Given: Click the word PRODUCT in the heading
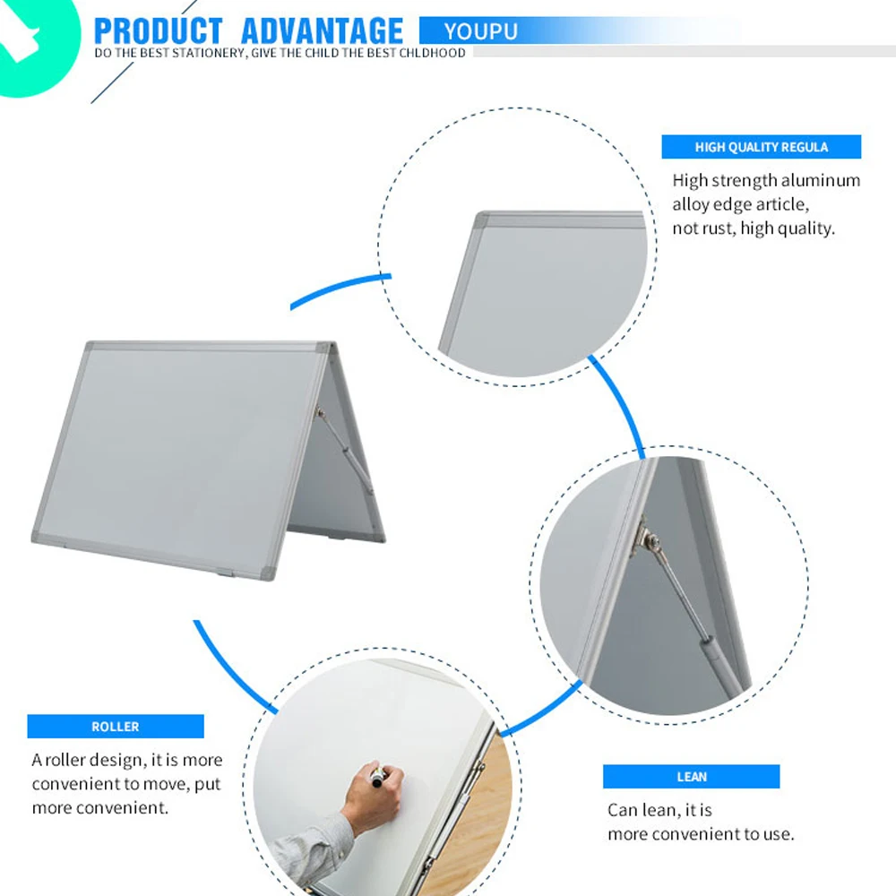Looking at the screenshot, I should [158, 30].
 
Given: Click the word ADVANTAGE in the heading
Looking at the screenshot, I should [323, 30].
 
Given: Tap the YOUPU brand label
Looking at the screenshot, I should [480, 32].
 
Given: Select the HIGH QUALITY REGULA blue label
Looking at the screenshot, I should [761, 147].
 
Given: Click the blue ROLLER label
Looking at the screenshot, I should [116, 727].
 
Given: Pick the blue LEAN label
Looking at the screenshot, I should [691, 777].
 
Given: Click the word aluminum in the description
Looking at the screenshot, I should [822, 180].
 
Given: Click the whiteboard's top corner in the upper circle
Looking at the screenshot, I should [482, 220].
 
